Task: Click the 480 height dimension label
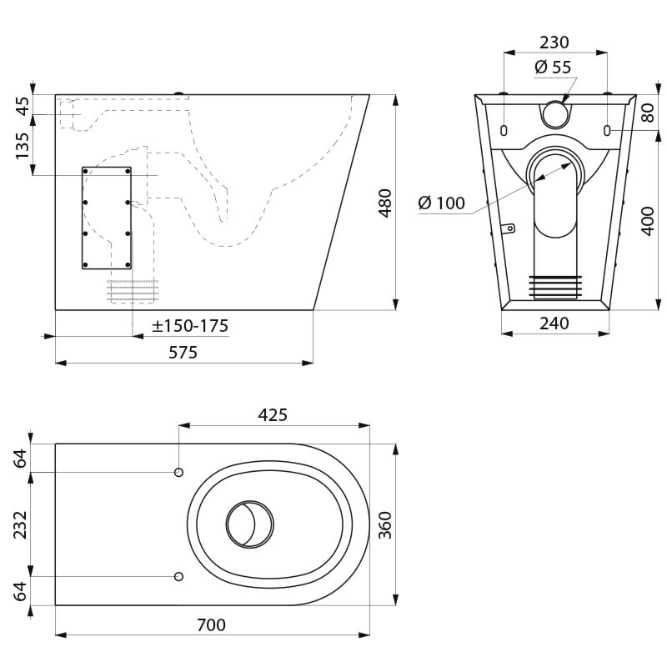(384, 203)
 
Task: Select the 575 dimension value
(183, 352)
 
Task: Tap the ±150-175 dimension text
(190, 326)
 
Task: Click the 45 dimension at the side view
(23, 106)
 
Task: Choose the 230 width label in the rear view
(554, 43)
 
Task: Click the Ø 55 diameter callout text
(553, 68)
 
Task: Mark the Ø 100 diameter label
(441, 203)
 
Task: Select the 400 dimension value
(647, 220)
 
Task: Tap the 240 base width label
(554, 323)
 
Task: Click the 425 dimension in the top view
(273, 414)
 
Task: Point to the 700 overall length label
(211, 624)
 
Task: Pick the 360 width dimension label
(384, 524)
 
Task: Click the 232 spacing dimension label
(21, 524)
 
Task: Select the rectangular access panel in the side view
(106, 218)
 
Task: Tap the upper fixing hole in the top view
(178, 473)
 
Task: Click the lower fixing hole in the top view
(178, 577)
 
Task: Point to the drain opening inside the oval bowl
(249, 524)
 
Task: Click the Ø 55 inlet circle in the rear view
(555, 113)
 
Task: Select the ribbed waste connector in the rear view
(554, 286)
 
